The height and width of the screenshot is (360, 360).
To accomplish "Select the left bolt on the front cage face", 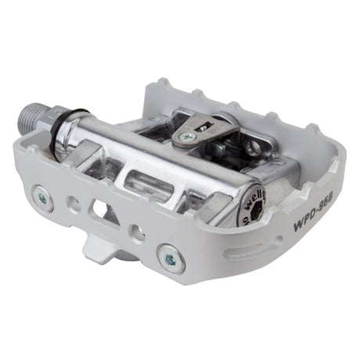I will (x=42, y=196).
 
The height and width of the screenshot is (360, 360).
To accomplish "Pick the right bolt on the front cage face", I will (x=171, y=258).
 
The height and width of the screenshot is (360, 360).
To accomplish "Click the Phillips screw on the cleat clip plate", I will (x=186, y=136).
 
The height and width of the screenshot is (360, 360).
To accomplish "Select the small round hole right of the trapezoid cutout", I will (x=137, y=232).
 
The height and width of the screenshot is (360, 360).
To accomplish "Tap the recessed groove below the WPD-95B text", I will (x=290, y=246).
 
